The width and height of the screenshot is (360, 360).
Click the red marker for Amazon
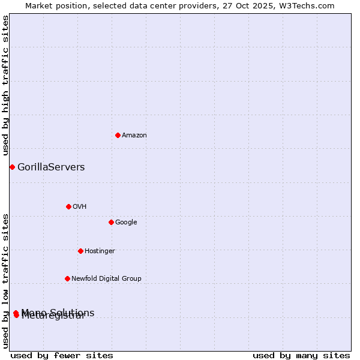pos(118,135)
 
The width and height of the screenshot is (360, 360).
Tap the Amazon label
pos(134,136)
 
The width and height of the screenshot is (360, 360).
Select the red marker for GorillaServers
pos(12,167)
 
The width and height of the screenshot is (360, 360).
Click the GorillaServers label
pos(51,167)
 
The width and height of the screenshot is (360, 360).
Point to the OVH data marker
pos(68,206)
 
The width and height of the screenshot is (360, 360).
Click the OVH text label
pos(80,207)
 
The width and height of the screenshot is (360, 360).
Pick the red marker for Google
pos(111,222)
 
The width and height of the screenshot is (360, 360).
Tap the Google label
pos(126,223)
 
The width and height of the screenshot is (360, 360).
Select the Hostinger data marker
pos(80,251)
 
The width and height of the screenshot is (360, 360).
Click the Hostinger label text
pos(100,251)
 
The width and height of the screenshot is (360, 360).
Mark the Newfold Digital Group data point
pos(67,278)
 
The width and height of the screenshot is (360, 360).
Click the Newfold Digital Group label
pos(106,279)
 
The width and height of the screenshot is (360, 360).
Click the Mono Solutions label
pos(58,312)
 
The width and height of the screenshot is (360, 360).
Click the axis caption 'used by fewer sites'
pos(62,355)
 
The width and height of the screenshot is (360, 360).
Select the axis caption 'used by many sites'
pos(301,355)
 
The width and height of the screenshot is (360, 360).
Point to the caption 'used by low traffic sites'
pos(6,280)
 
